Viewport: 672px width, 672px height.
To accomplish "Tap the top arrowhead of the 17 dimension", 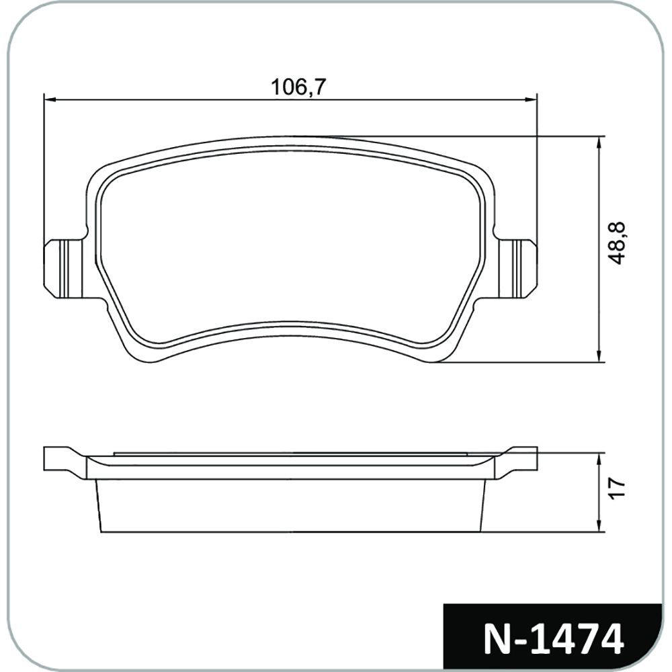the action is tap(599, 458).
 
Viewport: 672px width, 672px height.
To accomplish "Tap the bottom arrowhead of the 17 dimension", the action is tap(599, 527).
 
